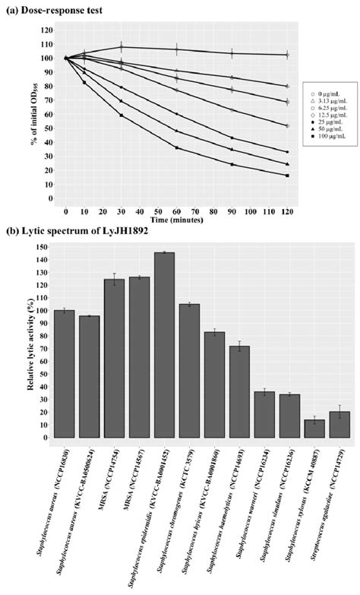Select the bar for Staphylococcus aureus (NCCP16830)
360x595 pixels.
point(65,373)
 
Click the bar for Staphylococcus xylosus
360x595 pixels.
point(314,429)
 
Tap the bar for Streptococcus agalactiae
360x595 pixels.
point(339,425)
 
